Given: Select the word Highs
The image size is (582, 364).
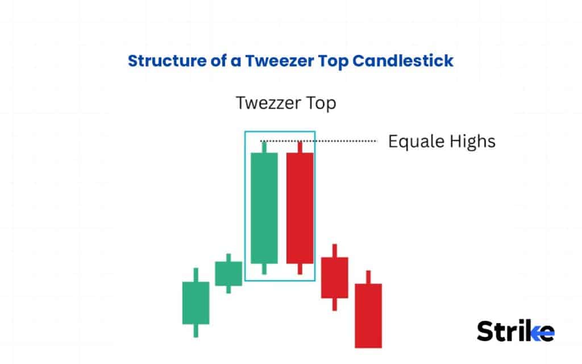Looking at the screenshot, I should point(471,141).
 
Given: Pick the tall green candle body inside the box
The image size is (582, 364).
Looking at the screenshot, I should point(264,208).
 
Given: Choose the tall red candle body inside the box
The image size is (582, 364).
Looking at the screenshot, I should point(300,208).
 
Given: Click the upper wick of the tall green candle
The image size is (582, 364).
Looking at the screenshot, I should point(264,147).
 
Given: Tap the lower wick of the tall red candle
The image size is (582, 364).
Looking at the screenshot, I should point(300,268).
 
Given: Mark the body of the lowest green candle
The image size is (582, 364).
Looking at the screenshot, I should point(196,303).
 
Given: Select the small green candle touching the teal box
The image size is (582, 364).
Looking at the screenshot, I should point(228,274).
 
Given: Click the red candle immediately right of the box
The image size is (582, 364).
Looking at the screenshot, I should point(335,278).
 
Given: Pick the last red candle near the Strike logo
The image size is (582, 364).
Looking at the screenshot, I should point(368,315).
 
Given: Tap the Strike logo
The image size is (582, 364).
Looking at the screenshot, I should point(515,331).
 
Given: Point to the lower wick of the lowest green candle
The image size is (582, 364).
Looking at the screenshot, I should point(196,330).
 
